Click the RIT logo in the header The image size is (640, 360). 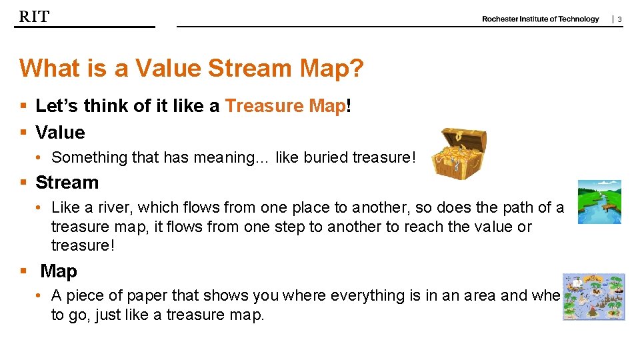tap(34, 17)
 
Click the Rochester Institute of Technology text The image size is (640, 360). tap(540, 19)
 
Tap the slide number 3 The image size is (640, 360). tap(619, 20)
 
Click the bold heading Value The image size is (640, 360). tap(60, 133)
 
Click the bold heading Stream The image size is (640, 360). tap(67, 183)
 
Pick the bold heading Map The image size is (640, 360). tap(59, 271)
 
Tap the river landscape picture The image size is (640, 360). tap(599, 202)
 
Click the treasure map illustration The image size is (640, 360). tap(593, 297)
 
